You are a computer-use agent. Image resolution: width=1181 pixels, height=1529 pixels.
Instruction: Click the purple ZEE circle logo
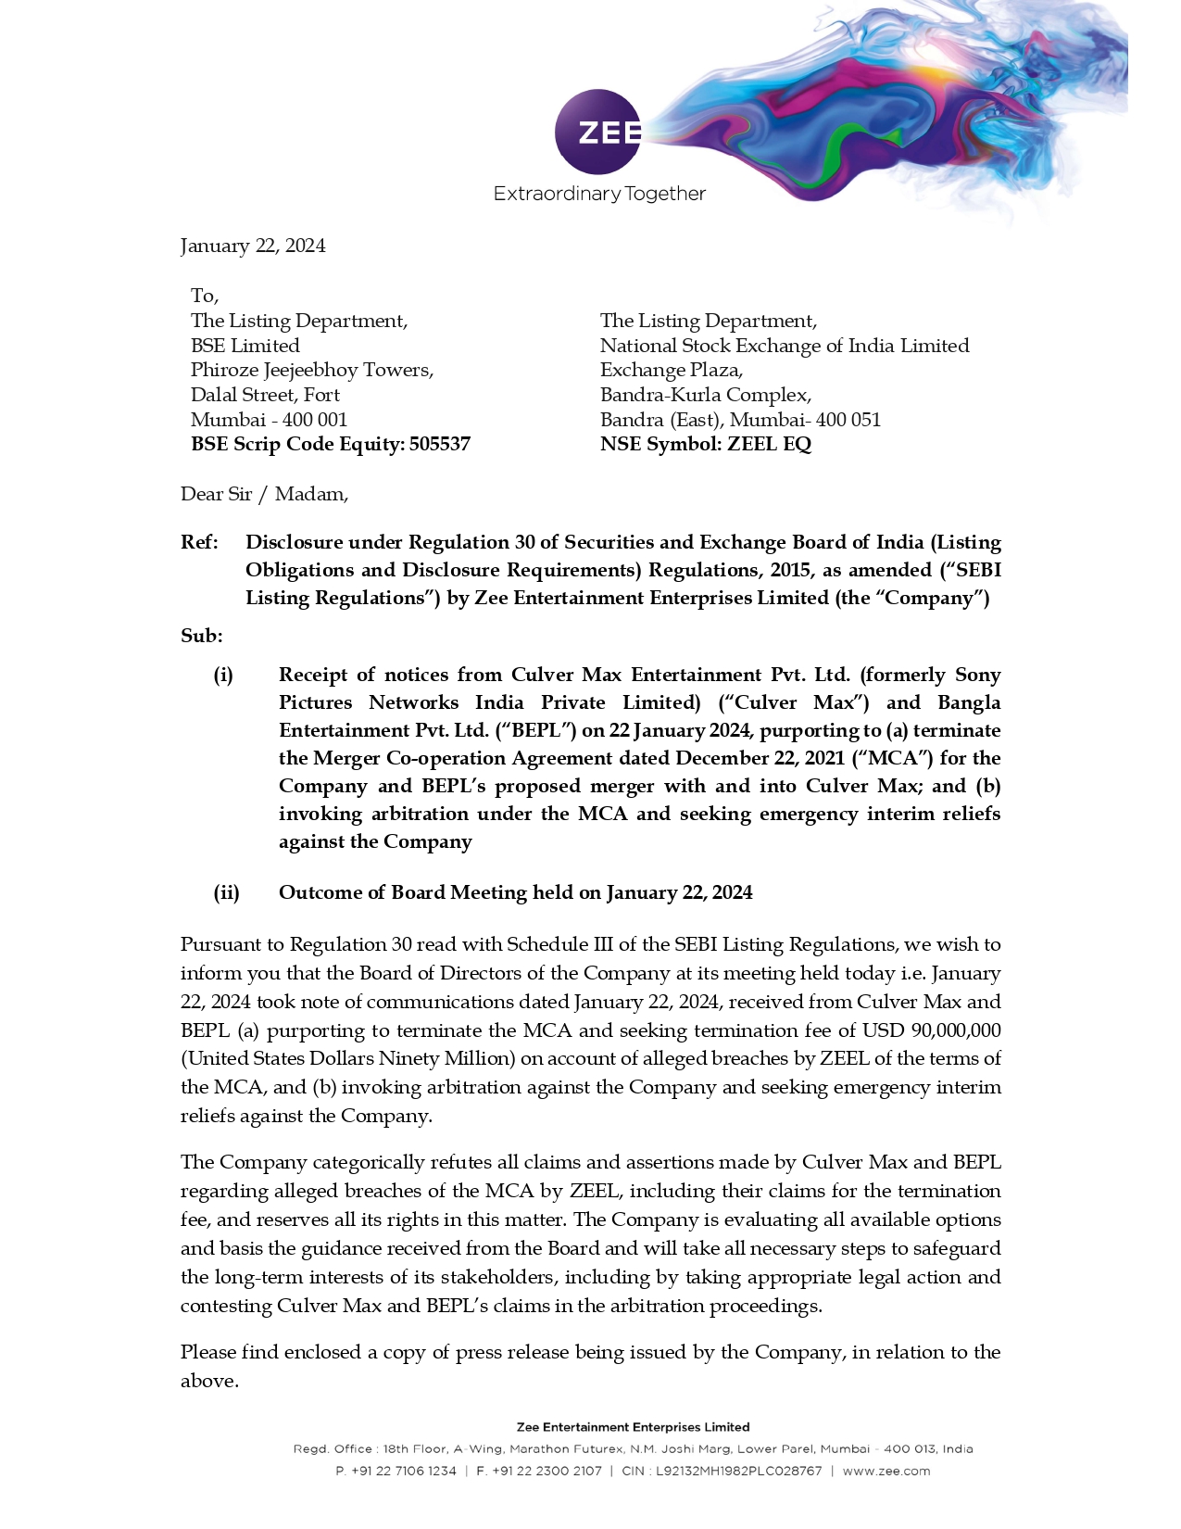tap(597, 132)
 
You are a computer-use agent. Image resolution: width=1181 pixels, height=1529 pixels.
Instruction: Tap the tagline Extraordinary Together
tap(599, 194)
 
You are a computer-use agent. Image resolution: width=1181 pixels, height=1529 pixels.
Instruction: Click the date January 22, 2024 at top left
tap(253, 246)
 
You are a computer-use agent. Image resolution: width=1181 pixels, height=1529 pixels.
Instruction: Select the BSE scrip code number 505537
tap(440, 444)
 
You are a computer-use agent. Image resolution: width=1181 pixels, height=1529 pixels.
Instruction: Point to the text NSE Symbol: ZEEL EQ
tap(705, 444)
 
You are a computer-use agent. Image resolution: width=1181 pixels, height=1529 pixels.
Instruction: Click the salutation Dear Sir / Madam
tap(264, 494)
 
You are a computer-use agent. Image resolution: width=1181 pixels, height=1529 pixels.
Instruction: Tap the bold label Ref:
tap(199, 542)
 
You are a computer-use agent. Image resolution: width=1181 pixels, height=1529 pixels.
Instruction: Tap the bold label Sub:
tap(201, 636)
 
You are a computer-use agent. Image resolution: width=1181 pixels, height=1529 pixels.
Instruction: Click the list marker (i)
tap(223, 675)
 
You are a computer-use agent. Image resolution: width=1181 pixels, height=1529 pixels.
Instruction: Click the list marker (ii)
tap(226, 892)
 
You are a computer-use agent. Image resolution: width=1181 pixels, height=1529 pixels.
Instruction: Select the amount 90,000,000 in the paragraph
tap(956, 1030)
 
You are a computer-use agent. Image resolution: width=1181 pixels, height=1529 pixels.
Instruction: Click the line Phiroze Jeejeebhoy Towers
tap(312, 370)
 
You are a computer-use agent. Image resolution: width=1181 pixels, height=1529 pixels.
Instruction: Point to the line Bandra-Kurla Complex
tap(705, 395)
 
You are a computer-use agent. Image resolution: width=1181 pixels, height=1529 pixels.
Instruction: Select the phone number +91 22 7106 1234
tap(404, 1471)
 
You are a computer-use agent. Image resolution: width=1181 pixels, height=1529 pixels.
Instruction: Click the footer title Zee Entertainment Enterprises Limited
tap(633, 1427)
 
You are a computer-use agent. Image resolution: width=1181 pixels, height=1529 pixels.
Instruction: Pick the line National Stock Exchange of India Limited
tap(784, 346)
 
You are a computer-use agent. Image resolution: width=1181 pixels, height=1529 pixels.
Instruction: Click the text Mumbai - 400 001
tap(269, 420)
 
